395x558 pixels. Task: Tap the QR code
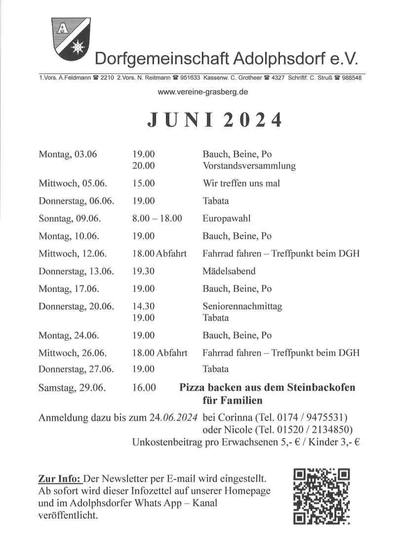pos(321,495)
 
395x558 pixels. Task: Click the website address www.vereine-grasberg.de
pos(202,92)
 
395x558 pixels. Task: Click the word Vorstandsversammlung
pos(249,166)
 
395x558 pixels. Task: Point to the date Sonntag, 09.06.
pos(70,218)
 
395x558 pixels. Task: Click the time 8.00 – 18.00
pos(157,218)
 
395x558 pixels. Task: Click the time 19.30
pos(143,271)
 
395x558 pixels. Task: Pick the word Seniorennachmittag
pos(242,306)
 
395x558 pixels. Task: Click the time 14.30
pos(143,306)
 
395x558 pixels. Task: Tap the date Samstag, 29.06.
pos(72,388)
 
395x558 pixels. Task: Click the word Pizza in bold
pos(192,387)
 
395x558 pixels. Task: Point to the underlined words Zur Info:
pos(59,479)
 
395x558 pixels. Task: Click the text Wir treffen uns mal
pos(241,183)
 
